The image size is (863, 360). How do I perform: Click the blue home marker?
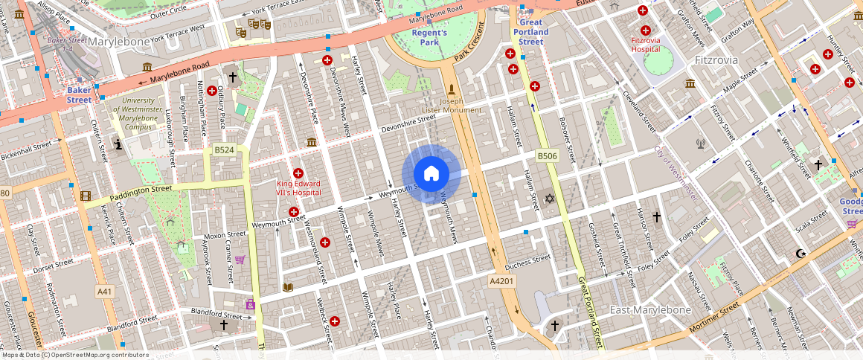coord(431,174)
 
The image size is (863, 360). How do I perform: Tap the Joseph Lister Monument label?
coord(452,105)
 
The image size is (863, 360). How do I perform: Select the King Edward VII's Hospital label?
coord(298,188)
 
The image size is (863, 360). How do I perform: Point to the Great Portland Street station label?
coord(530,32)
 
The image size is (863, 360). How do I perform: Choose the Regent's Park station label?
coord(429,37)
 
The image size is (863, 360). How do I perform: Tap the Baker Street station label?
coord(80,94)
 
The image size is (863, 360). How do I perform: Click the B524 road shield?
coord(224,150)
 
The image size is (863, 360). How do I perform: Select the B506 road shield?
coord(548,155)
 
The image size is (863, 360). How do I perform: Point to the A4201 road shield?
coord(501,281)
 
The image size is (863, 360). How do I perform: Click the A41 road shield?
coord(105,292)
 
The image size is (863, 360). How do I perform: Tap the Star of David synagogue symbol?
coord(550,199)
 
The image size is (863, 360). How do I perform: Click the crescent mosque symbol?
coord(801,253)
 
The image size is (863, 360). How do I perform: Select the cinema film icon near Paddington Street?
coord(86,196)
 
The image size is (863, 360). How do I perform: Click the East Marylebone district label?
coord(650,309)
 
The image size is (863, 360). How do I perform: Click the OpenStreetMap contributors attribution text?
coord(75,355)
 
